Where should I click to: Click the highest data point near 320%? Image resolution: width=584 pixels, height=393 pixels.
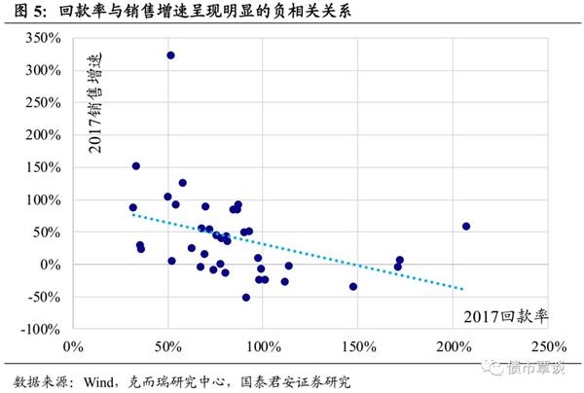point(170,55)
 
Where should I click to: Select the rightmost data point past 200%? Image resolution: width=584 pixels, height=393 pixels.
point(466,227)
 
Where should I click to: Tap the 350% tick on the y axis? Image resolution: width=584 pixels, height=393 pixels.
point(44,38)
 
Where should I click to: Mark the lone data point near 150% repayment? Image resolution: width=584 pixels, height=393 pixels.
point(353,287)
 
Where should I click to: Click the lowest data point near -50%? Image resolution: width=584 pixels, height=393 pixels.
point(246,298)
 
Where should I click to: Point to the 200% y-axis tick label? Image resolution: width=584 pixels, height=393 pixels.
point(44,135)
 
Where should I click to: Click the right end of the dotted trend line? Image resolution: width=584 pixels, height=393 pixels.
point(463,289)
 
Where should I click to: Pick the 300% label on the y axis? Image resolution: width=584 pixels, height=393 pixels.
point(44,70)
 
